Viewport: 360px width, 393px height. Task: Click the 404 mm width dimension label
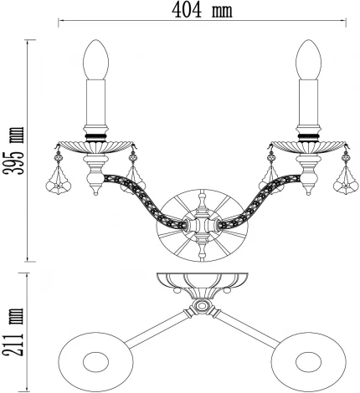202,11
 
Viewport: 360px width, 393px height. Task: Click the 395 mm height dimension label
13,151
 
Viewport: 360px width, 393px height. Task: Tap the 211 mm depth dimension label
13,332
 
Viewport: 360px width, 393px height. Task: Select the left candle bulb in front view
95,59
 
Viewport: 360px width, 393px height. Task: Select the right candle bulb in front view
309,59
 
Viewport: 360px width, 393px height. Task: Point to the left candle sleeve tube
95,103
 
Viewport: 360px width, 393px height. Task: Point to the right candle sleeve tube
309,103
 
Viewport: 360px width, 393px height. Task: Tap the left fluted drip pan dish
95,147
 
